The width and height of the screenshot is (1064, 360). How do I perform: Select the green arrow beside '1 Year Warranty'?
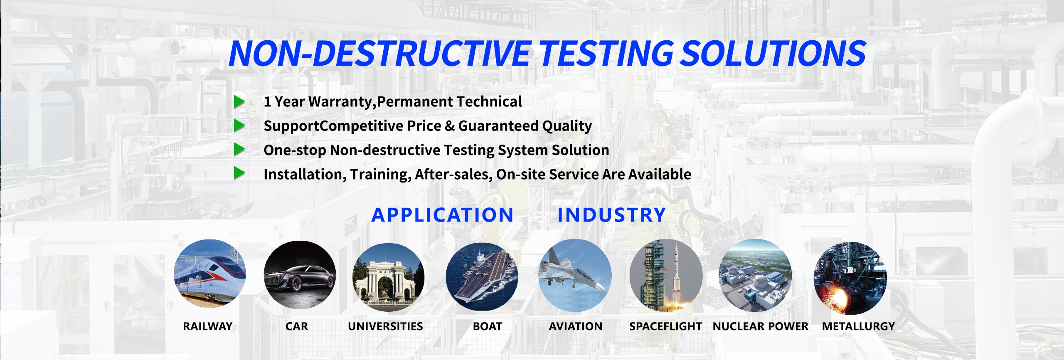pyautogui.click(x=239, y=101)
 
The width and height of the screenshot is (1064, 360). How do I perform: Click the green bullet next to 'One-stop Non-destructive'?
pyautogui.click(x=239, y=149)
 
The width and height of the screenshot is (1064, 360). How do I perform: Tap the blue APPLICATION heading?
pyautogui.click(x=443, y=215)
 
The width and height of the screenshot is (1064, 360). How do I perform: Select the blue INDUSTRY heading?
pyautogui.click(x=612, y=215)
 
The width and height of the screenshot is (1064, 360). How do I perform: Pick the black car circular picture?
pyautogui.click(x=300, y=275)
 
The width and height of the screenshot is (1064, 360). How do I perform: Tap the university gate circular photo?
pyautogui.click(x=388, y=277)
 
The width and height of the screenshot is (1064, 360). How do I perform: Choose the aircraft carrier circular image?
pyautogui.click(x=482, y=277)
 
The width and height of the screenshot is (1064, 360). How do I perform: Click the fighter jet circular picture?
pyautogui.click(x=575, y=275)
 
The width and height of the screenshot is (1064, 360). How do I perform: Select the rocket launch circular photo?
pyautogui.click(x=666, y=276)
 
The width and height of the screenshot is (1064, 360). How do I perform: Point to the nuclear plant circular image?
pyautogui.click(x=756, y=276)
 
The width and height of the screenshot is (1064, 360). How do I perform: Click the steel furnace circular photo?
pyautogui.click(x=850, y=278)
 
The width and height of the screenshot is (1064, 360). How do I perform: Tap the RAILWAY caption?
pyautogui.click(x=208, y=326)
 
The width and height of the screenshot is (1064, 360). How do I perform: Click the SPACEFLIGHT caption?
pyautogui.click(x=666, y=326)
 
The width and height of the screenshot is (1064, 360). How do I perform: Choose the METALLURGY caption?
pyautogui.click(x=859, y=326)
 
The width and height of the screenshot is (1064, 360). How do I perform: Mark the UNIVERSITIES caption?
pyautogui.click(x=386, y=326)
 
